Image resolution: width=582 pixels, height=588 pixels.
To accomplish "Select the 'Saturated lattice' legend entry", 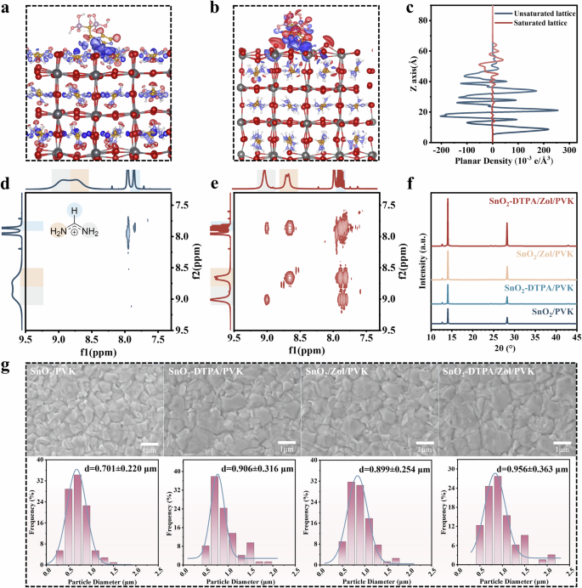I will coord(532,25).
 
